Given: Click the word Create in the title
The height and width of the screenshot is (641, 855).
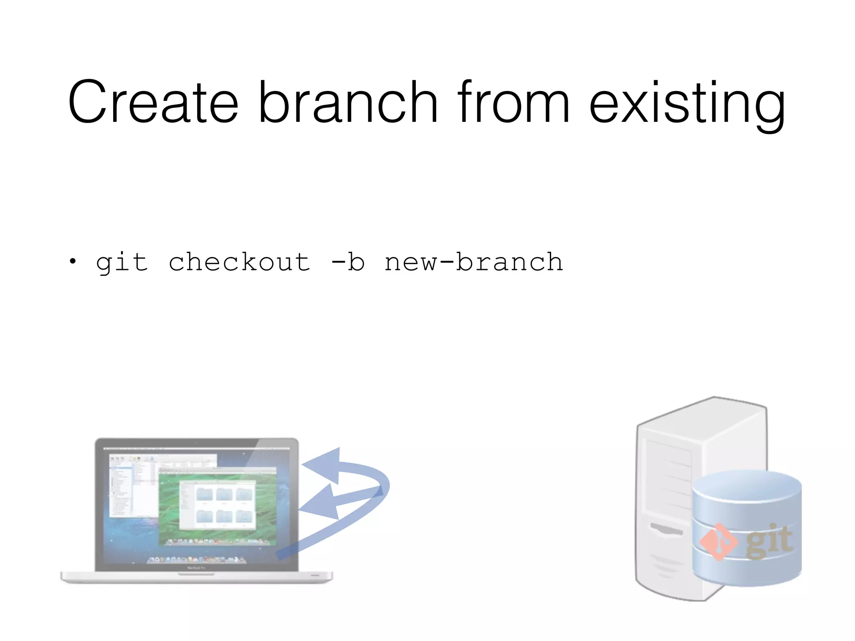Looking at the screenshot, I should coord(153,102).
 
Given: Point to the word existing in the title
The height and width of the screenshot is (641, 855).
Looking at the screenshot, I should coord(687,104).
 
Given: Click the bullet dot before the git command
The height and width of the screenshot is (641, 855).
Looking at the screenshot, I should coord(73,262).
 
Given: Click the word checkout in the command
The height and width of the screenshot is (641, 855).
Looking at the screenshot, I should coord(240,262).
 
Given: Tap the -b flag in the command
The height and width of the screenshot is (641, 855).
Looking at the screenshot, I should coord(348,262).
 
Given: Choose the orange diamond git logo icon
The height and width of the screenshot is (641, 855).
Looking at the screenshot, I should coord(718,542).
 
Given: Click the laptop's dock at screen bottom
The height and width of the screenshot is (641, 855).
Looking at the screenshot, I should coord(196,559).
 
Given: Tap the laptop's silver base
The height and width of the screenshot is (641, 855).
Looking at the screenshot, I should coord(196,577).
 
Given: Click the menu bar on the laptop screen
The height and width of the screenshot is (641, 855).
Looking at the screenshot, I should coord(196,449).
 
